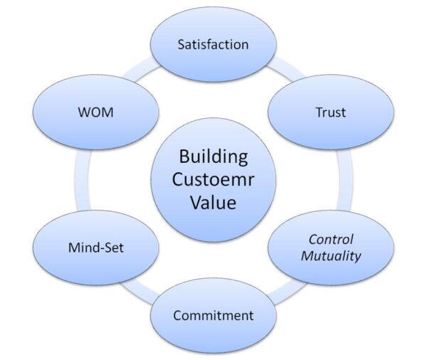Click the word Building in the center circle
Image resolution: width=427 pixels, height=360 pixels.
click(x=213, y=157)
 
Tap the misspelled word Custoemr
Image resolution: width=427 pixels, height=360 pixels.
click(x=213, y=179)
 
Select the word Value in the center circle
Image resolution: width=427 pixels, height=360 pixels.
click(x=213, y=202)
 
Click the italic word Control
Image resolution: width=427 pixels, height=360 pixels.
click(x=331, y=240)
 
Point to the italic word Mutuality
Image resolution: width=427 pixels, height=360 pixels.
click(x=331, y=256)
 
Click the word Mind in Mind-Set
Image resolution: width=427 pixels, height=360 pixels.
click(x=83, y=248)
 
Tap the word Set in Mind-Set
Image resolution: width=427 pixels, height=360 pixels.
click(x=114, y=248)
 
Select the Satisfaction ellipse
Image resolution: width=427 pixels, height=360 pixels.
click(x=213, y=44)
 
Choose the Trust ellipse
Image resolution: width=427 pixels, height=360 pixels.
click(x=331, y=112)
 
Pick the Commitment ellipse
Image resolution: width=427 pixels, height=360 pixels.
click(x=213, y=316)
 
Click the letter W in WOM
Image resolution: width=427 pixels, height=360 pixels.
click(x=85, y=112)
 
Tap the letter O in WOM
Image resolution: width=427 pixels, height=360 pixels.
click(x=97, y=112)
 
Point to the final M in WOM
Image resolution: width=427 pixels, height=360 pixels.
click(x=108, y=112)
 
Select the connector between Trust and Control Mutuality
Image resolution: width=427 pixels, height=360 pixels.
click(x=344, y=180)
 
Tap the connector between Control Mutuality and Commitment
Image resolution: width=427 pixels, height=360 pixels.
click(x=287, y=292)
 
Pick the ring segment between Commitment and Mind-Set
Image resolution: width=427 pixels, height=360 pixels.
click(x=141, y=292)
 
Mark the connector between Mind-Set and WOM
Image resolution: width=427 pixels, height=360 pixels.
click(x=83, y=180)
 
